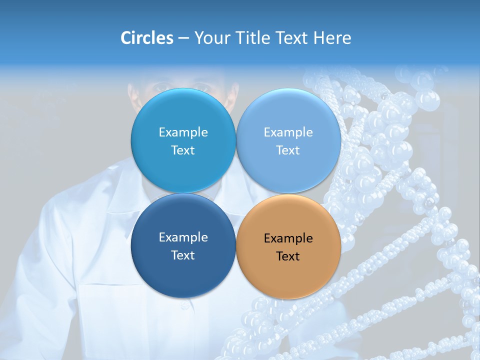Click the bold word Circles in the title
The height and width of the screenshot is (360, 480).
[x=146, y=38]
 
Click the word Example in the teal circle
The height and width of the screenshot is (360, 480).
[x=183, y=132]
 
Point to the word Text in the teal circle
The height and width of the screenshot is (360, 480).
[x=183, y=150]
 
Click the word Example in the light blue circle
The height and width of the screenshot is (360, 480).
[x=288, y=132]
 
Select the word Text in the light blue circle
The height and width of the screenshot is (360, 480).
[x=288, y=150]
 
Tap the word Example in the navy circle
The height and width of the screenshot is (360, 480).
[x=183, y=237]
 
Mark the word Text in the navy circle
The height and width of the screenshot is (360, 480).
[x=183, y=255]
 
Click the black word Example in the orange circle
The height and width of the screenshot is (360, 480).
[x=288, y=238]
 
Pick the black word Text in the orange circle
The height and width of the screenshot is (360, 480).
[x=288, y=256]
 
